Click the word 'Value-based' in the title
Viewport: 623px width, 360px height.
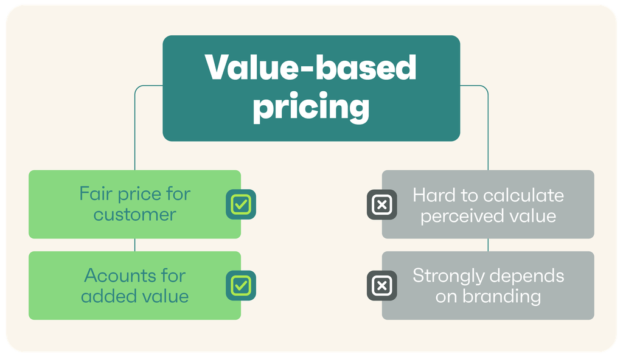[311, 69]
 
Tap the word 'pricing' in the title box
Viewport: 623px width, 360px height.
[311, 106]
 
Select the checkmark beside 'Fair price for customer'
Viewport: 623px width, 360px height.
[240, 204]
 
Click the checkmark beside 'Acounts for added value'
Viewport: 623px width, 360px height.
[240, 286]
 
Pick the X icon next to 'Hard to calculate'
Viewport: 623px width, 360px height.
[381, 204]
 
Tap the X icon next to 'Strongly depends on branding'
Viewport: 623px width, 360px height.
[381, 286]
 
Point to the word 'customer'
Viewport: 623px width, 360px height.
[135, 214]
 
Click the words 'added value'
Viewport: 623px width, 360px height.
[135, 296]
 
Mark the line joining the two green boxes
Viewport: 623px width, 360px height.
[135, 245]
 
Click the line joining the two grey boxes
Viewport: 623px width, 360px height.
[488, 245]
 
